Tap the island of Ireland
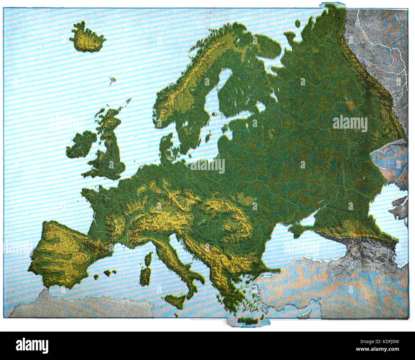coord(82,145)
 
